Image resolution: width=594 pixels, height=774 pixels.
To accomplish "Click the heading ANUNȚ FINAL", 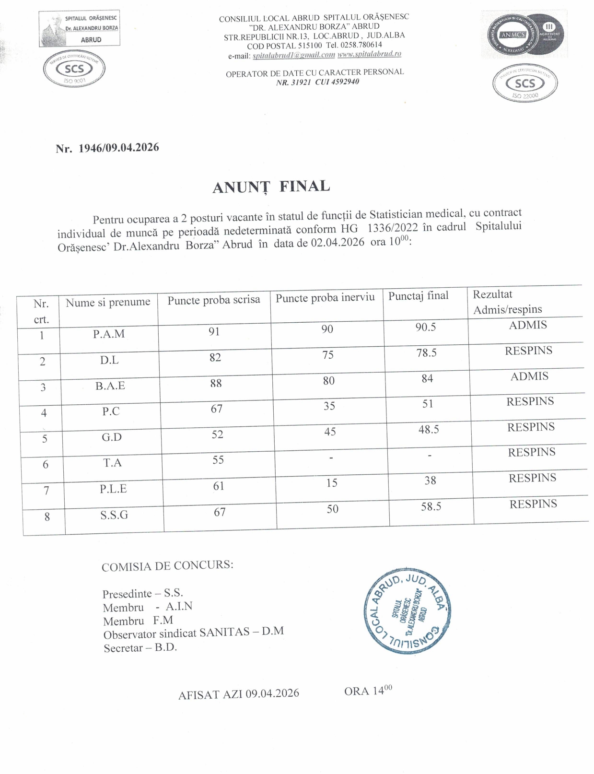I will point(271,187).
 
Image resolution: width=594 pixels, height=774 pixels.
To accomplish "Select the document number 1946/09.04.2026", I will point(118,148).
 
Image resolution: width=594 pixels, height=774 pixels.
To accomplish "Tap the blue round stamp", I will point(407,612).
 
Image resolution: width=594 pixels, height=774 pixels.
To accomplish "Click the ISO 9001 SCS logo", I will point(74,70).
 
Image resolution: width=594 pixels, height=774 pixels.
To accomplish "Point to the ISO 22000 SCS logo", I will point(524,83).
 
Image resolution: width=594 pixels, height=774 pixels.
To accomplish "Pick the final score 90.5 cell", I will point(425,327).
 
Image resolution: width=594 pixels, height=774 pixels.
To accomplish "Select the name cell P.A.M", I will point(109,334).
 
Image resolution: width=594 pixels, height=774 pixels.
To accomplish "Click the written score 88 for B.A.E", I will point(216,383).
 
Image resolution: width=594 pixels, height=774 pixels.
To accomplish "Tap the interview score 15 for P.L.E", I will point(332,483).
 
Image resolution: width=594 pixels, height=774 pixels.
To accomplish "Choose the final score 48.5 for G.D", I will point(428,430).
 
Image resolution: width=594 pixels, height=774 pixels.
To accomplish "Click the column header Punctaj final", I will point(418,296).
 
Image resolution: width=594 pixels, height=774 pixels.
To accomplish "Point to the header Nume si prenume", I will point(108,302).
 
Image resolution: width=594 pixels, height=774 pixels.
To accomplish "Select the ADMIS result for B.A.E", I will point(529,376).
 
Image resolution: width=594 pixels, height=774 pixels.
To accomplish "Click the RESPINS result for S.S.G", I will point(533,504).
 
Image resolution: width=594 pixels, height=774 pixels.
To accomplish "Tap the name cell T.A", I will point(112,463).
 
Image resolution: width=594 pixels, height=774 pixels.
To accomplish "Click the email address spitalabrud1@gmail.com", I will point(294,55).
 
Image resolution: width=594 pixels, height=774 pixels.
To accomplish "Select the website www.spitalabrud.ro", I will point(369,54).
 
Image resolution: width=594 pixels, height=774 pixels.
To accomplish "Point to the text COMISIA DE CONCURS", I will point(167,566).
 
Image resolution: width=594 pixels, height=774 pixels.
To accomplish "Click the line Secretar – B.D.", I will point(140,648).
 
